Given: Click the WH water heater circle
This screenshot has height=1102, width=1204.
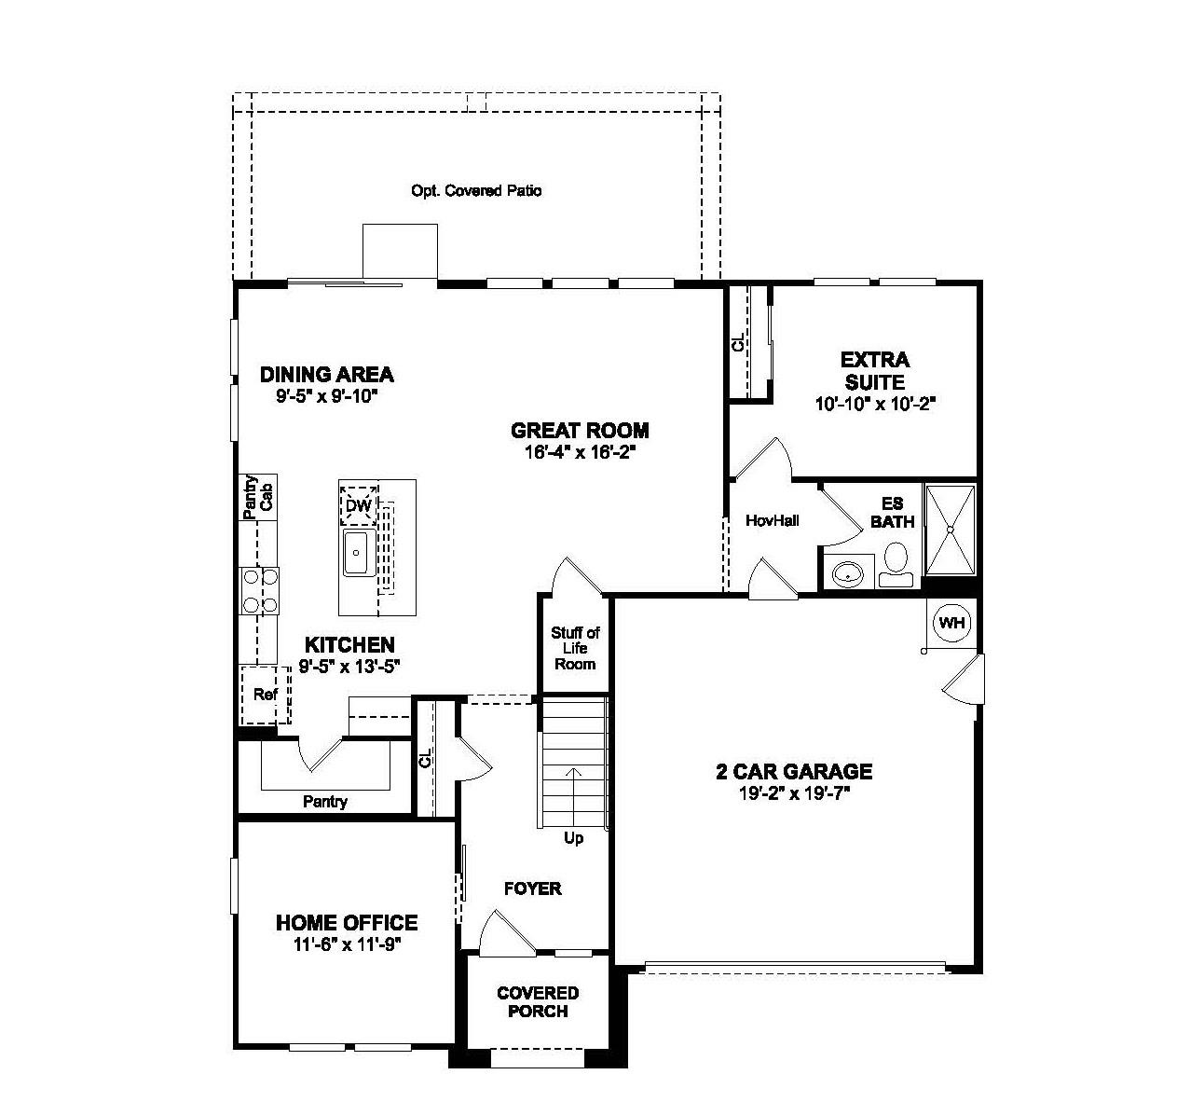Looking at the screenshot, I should coord(951,623).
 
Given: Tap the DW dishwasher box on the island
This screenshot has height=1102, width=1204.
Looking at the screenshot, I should coord(359,506).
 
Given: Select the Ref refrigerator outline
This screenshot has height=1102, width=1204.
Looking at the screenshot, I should coord(266,695).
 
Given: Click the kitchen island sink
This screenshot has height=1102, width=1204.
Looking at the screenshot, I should coord(358,553).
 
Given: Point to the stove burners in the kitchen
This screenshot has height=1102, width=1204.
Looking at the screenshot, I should coord(260,591).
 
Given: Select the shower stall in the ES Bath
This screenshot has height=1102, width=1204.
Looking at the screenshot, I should coord(950,530).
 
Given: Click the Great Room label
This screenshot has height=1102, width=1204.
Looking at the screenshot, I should coord(580,431).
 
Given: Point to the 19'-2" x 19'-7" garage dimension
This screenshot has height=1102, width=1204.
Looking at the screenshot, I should coord(793,793).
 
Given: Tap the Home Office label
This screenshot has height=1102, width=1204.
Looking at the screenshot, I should coord(347,923).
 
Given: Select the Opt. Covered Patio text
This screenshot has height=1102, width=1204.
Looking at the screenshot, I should coord(476,191).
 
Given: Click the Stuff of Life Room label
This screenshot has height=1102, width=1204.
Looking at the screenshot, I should coord(575,648).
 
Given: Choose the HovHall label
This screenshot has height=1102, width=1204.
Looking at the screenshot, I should coord(773,520).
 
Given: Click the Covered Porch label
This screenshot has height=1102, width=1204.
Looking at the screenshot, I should coord(538,1002).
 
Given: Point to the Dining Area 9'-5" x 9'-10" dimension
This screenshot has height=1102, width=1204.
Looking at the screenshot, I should coord(326,396).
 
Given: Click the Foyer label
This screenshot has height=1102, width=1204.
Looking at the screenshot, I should coord(533,888).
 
